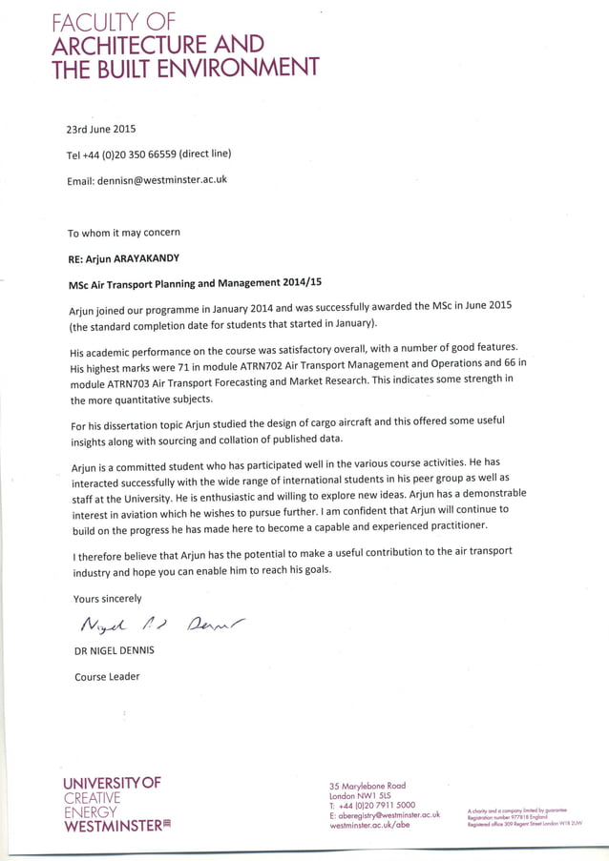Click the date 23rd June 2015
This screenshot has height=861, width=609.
pyautogui.click(x=100, y=129)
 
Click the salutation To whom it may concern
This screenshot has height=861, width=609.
pyautogui.click(x=123, y=233)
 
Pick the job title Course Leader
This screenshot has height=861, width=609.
pyautogui.click(x=107, y=677)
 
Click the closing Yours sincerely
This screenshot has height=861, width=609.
pyautogui.click(x=107, y=599)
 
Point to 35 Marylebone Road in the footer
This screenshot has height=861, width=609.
pyautogui.click(x=367, y=786)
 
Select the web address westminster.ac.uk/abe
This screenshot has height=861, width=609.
pyautogui.click(x=369, y=826)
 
